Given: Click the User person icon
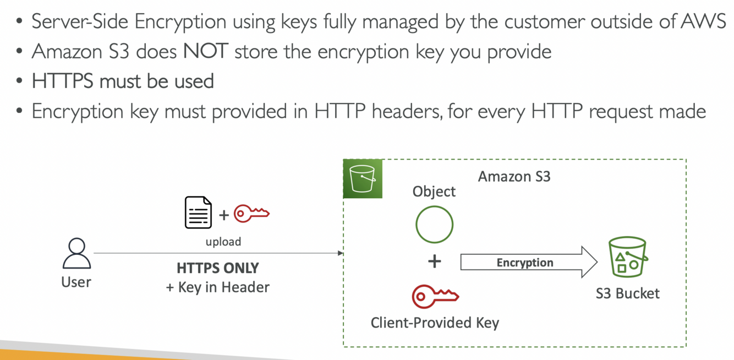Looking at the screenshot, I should (x=76, y=253).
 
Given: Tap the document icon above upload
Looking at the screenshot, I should (x=198, y=212).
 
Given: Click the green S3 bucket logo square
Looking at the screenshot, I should (x=363, y=178).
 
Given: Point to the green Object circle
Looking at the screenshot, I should (x=434, y=225).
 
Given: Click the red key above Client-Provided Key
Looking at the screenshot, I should (x=435, y=296).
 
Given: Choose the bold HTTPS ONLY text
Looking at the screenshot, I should (x=218, y=268).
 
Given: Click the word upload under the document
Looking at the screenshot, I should (x=223, y=242).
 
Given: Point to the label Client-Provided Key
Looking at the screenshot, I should (x=435, y=323).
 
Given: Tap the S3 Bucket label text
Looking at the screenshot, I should (x=627, y=293).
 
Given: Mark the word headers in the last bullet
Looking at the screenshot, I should (x=406, y=111).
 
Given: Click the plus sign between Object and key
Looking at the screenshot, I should (x=435, y=261).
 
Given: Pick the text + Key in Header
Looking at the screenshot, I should (x=218, y=287).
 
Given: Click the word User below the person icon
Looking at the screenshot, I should (x=76, y=282).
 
